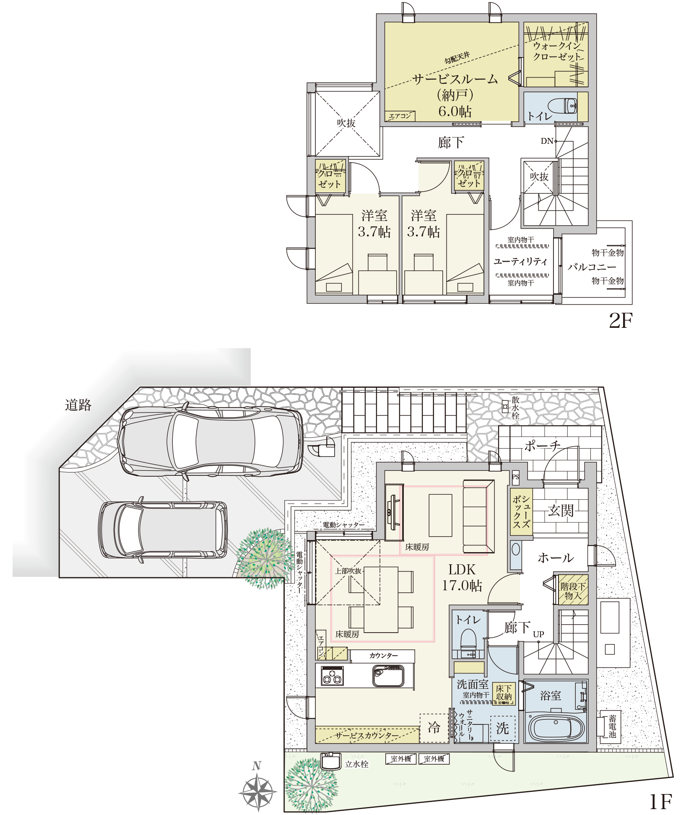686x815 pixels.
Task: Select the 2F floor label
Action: point(620,321)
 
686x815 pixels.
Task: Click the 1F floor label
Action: point(660,801)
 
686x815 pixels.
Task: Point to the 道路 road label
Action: point(78,405)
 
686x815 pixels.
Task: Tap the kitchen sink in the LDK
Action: point(388,676)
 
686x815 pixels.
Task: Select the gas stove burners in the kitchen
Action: point(332,676)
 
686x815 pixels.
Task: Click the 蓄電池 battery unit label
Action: point(612,726)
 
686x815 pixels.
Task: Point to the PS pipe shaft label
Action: point(515,477)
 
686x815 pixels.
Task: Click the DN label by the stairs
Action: point(547,141)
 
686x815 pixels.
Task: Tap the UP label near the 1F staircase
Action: point(538,634)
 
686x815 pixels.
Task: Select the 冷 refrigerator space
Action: point(434,727)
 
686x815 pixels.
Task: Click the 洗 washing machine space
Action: point(503,728)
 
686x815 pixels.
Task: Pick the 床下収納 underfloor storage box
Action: point(504,693)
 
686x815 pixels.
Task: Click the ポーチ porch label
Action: point(542,445)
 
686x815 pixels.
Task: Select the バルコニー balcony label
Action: point(592,267)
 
